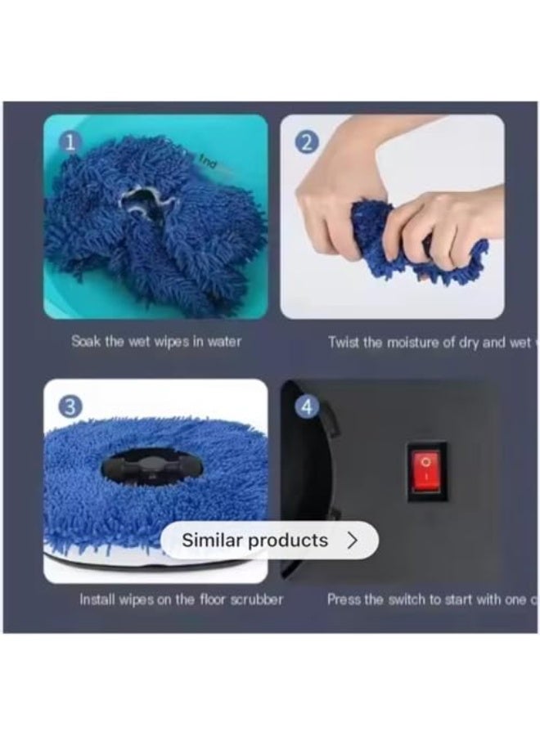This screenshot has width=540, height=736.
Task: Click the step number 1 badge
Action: [70, 142]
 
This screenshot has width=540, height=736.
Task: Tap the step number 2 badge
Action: [306, 142]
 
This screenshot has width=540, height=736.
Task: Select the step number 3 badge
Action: [70, 406]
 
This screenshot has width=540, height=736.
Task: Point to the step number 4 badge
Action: [306, 406]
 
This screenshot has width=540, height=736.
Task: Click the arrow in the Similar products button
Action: [353, 541]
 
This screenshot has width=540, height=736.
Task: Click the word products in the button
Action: [288, 541]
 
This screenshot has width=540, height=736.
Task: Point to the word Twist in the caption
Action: [344, 343]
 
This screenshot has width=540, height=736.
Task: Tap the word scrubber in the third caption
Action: [256, 599]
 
